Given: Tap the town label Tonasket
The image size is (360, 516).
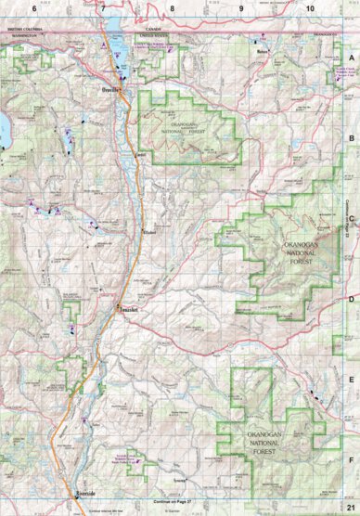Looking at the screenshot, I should [127, 309].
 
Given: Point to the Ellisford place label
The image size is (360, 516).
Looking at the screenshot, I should [148, 231].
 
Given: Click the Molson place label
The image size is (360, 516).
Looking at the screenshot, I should [263, 51].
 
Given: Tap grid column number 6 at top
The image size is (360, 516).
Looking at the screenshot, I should [34, 7].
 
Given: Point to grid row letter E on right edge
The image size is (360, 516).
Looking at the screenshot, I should [352, 379].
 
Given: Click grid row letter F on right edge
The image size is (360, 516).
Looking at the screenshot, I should [352, 458].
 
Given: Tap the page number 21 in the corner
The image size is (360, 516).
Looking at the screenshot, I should [350, 507].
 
